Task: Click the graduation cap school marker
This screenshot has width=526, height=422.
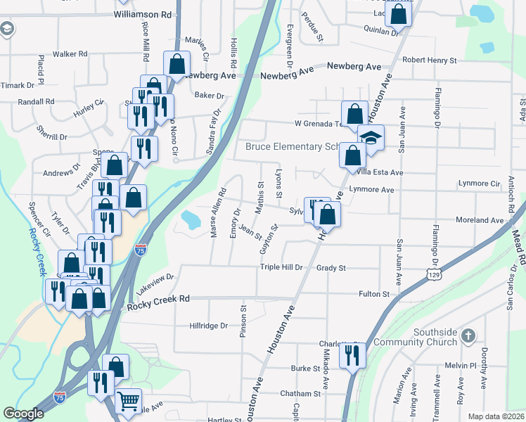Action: click(371, 138)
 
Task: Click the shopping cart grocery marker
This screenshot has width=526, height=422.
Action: click(128, 401)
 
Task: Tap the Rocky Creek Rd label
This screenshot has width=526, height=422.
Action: click(159, 301)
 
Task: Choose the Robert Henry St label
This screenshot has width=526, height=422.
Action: click(429, 61)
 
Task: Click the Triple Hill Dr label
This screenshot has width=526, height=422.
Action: click(281, 267)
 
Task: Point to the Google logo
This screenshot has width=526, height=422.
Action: click(23, 414)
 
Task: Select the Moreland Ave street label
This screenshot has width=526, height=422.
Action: click(480, 220)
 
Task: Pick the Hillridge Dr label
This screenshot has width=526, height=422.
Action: click(209, 326)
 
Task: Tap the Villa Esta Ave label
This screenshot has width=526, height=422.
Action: click(380, 172)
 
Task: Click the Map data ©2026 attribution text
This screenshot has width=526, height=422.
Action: click(495, 416)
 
